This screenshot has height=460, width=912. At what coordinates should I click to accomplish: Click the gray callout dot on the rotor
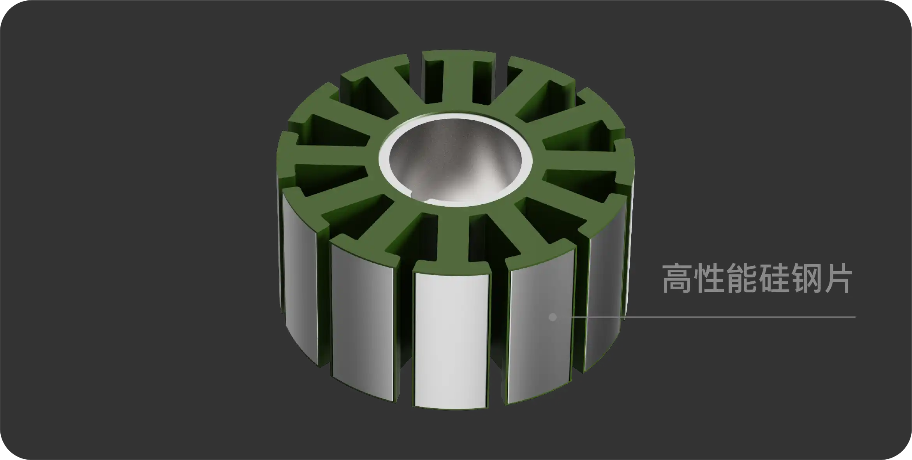552,317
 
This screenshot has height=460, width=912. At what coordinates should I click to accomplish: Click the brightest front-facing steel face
451,339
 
